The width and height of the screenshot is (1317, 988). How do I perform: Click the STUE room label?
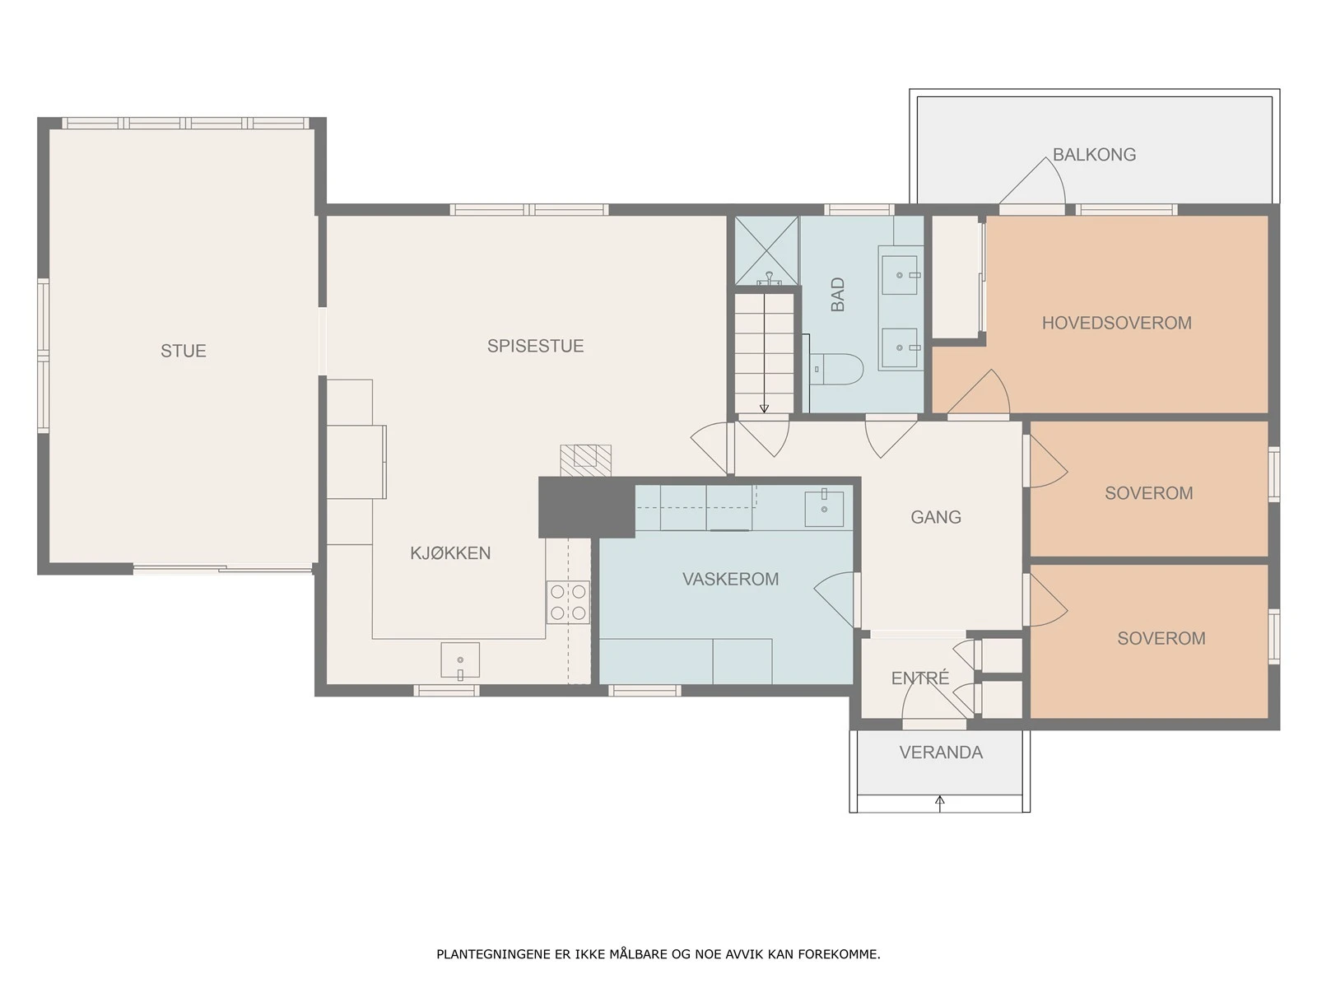[x=183, y=351]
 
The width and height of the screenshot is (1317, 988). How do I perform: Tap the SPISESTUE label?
[x=535, y=346]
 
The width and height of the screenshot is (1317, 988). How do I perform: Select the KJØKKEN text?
[x=450, y=552]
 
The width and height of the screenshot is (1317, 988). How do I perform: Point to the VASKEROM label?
[x=730, y=579]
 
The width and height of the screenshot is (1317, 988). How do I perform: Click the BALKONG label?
[x=1094, y=155]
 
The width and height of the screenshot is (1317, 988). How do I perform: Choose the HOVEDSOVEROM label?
[x=1117, y=323]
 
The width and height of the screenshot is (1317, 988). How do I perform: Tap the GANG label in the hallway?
[x=935, y=517]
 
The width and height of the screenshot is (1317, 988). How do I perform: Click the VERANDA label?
[x=941, y=753]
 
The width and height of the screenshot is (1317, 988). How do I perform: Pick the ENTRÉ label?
[x=919, y=678]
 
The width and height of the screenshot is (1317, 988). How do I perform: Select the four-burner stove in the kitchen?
[x=568, y=603]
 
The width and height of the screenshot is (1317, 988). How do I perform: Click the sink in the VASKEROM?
[x=824, y=509]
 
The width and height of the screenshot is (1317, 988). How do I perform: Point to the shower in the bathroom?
[x=767, y=251]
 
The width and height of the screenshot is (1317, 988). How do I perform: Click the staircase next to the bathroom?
[x=764, y=352]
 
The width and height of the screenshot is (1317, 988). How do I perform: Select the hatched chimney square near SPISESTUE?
[x=585, y=461]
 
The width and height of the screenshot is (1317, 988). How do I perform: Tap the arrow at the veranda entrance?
[x=940, y=804]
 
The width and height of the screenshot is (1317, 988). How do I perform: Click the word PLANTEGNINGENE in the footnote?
[x=490, y=953]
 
